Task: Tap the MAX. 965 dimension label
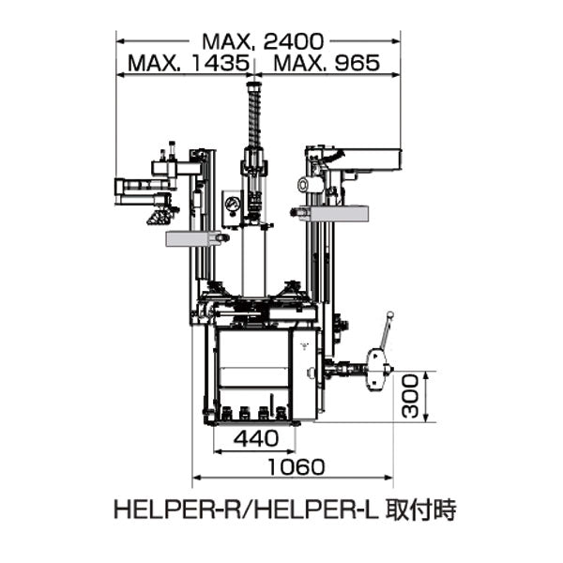tap(325, 64)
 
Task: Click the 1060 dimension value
tap(296, 466)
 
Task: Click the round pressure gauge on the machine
tap(231, 205)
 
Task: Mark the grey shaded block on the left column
tap(195, 239)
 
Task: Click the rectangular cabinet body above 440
tap(253, 370)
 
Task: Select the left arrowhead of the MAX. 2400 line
tap(119, 41)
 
